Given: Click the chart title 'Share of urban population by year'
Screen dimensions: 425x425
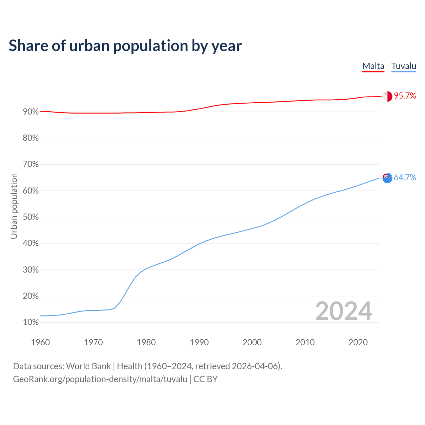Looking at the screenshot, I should [125, 46].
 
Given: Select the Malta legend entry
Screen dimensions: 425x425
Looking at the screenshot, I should [373, 66].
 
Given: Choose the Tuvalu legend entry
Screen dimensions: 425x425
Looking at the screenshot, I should [404, 66].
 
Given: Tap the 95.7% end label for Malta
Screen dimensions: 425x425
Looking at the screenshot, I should [405, 96].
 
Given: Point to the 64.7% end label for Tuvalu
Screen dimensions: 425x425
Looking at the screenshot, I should [405, 178].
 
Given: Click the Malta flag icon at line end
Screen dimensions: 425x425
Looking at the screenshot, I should [387, 96].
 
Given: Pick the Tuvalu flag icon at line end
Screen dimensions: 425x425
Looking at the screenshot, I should [387, 178].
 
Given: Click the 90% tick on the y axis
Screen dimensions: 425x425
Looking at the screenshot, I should [31, 112].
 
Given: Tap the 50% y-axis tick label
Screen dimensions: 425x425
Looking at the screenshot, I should [31, 217].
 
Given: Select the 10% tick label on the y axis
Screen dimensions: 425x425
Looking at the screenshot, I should [31, 322].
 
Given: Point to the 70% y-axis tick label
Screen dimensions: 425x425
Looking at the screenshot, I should [31, 164].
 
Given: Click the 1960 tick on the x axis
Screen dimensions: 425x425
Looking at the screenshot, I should [40, 342].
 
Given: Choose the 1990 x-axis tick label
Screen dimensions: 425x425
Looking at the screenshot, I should [199, 342].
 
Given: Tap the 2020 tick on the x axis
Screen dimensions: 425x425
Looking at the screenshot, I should [358, 342].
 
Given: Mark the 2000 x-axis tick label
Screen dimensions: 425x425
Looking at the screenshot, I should [252, 342].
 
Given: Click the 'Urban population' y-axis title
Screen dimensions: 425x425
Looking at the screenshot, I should [14, 206].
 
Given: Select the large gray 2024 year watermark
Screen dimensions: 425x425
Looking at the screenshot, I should [344, 311].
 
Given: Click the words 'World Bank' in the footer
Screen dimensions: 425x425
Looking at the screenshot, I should [88, 366].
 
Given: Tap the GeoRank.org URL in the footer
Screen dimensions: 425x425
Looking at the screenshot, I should [100, 379].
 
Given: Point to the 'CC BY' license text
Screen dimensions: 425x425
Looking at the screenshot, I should [206, 379].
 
